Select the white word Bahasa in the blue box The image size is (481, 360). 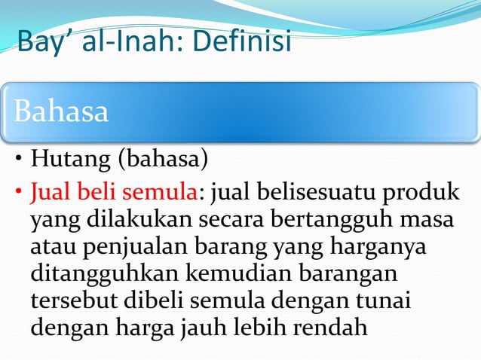pos(60,112)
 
